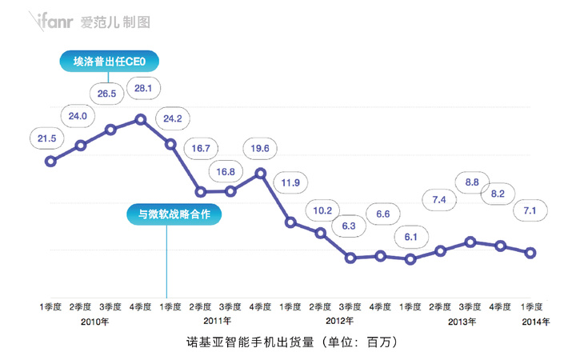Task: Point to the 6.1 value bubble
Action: coord(410,237)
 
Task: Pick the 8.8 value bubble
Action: coord(471,182)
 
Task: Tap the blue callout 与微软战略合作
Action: coord(174,214)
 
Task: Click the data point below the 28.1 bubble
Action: coord(141,120)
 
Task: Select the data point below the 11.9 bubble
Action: coord(290,222)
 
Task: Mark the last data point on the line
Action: coord(530,253)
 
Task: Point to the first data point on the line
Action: coord(50,161)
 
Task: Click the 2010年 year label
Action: coord(95,322)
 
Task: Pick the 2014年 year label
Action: coord(535,322)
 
